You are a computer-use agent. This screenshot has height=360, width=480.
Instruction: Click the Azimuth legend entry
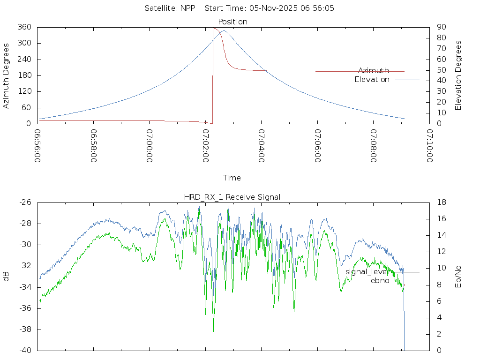374,71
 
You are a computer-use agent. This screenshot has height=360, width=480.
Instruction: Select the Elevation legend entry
372,80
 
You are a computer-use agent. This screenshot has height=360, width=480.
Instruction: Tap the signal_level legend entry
367,271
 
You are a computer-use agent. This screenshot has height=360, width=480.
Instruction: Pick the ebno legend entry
380,281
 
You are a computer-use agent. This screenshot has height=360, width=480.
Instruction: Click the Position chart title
232,22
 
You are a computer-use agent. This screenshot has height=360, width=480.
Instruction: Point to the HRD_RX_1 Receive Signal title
232,197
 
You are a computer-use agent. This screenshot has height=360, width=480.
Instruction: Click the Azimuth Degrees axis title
6,75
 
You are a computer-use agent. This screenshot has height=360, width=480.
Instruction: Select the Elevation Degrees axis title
458,75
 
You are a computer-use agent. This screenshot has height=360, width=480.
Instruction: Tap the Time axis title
232,178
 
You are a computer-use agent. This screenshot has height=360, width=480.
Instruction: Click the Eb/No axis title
458,277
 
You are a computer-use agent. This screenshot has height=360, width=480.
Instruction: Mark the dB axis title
6,277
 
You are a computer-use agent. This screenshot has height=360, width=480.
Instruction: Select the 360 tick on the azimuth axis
24,27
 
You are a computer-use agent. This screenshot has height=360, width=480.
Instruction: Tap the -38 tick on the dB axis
25,330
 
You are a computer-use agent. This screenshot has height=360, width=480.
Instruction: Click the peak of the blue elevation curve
224,31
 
